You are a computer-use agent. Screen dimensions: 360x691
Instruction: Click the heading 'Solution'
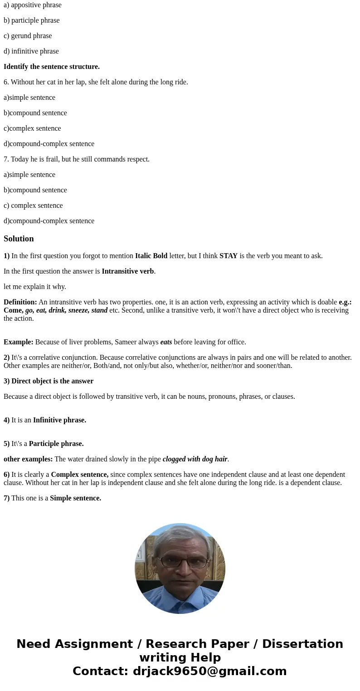(19, 239)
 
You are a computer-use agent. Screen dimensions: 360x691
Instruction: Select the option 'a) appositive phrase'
(33, 5)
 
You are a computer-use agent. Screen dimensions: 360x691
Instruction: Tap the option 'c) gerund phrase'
(28, 36)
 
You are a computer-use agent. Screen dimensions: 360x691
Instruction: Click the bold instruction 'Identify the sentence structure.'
(52, 67)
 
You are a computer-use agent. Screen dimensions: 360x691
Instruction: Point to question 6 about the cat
(96, 82)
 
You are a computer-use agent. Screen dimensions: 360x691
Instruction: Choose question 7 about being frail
(77, 159)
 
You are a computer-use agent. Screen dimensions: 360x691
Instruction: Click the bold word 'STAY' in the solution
(229, 256)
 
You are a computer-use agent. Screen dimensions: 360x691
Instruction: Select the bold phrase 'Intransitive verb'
(128, 271)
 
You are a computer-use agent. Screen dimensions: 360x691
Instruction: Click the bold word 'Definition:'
(20, 302)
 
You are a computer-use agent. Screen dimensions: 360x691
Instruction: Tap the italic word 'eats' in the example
(166, 342)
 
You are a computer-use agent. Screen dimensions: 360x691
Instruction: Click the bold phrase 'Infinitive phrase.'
(59, 420)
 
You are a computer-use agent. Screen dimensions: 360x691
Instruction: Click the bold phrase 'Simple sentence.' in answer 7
(75, 498)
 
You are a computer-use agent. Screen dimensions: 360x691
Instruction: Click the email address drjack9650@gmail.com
(209, 671)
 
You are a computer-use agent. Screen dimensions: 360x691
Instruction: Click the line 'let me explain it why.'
(35, 287)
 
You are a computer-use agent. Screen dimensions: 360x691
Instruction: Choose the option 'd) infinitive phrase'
(31, 51)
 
